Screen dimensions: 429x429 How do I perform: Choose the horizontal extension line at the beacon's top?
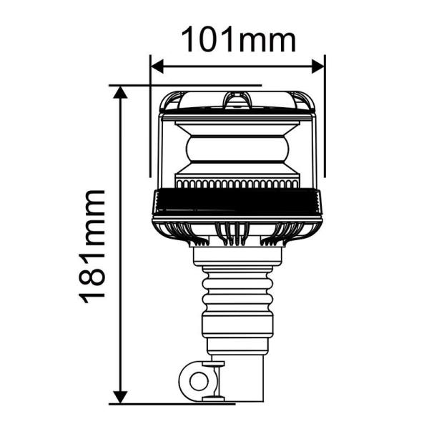pos(186,85)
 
